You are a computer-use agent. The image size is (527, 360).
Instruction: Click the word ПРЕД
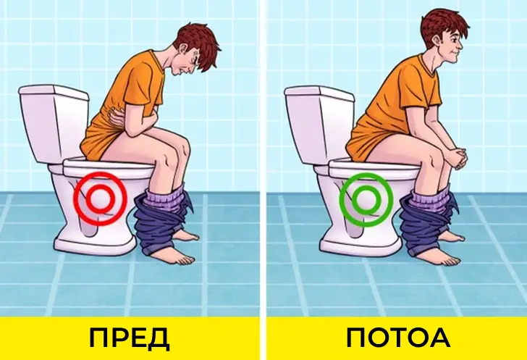click(130, 338)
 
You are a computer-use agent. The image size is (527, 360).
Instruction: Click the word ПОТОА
click(397, 338)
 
